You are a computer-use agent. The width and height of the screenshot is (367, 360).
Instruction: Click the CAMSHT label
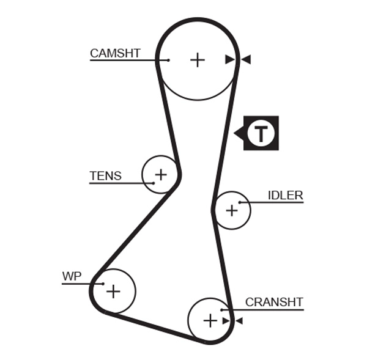(x=115, y=53)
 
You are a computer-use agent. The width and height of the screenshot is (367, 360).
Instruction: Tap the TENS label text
(x=105, y=176)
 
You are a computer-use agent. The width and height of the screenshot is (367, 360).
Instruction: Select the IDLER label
(x=285, y=196)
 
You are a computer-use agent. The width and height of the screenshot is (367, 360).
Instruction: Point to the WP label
(x=72, y=276)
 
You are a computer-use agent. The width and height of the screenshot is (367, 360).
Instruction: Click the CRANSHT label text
(x=274, y=302)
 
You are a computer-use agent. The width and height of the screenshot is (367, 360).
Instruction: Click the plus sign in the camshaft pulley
(x=197, y=60)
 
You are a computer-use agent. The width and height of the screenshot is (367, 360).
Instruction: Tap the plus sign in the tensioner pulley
(x=160, y=175)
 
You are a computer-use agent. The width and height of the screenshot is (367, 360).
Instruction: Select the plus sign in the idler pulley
(x=231, y=210)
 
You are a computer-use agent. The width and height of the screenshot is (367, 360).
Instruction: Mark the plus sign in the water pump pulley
(x=113, y=291)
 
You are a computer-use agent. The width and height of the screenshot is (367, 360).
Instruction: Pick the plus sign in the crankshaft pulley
(x=210, y=320)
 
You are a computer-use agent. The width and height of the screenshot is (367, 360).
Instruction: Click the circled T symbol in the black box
(x=262, y=133)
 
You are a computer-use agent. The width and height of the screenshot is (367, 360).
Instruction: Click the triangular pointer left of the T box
(x=239, y=133)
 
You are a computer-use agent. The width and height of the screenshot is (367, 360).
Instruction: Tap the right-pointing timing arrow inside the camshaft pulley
(x=229, y=60)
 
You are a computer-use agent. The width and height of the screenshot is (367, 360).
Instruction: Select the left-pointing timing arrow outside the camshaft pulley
(x=246, y=60)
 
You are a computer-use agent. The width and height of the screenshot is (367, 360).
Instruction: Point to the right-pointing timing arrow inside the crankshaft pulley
(x=226, y=320)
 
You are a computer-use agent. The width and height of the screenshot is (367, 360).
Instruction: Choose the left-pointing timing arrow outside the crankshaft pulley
(x=239, y=320)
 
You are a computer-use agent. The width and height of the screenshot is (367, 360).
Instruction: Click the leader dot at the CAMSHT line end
(x=168, y=60)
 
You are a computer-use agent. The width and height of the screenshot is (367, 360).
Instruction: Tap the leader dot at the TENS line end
(x=152, y=183)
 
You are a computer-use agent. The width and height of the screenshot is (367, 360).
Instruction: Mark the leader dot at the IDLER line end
(x=240, y=202)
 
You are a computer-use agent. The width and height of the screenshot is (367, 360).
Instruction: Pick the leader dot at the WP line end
(x=103, y=284)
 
